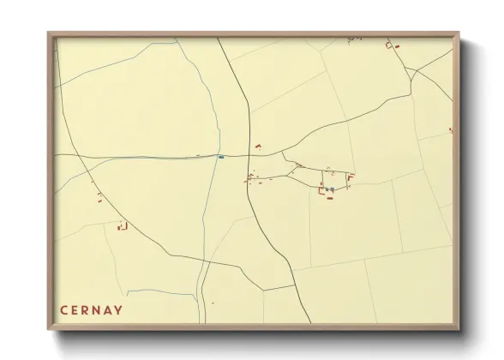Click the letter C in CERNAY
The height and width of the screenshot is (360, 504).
[63, 309]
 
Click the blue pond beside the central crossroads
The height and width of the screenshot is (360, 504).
[221, 157]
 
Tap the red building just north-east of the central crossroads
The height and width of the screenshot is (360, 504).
[257, 147]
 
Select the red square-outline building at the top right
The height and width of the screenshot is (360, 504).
[390, 44]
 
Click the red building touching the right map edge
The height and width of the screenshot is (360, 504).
[451, 130]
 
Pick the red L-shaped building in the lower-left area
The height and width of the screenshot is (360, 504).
[122, 227]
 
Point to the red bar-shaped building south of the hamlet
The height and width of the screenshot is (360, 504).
[329, 198]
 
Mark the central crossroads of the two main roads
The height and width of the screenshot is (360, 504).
[249, 155]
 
